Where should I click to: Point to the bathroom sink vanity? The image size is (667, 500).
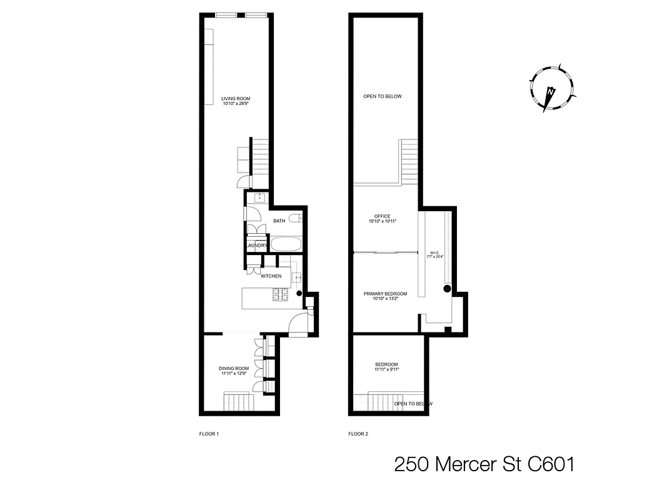pos(258,198)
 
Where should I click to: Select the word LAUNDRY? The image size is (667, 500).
pos(256,246)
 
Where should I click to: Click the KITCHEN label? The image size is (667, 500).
pos(271,276)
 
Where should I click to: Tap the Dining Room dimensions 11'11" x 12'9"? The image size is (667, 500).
pos(234,373)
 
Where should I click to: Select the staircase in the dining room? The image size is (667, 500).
pos(238,401)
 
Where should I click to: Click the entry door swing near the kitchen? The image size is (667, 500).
pos(298,323)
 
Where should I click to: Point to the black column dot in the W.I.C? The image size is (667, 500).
pos(447,289)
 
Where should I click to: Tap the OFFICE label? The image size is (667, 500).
pos(382,216)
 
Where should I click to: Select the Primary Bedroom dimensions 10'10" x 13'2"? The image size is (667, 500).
pos(385,299)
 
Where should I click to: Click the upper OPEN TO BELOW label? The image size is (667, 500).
pos(383,96)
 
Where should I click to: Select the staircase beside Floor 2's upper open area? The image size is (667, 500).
pos(409,161)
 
